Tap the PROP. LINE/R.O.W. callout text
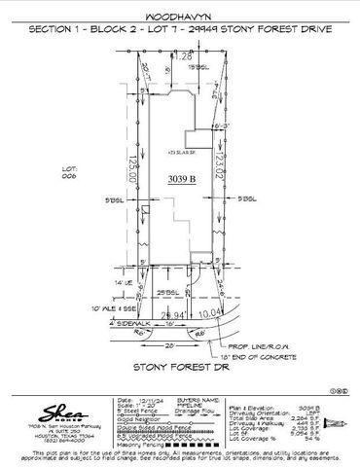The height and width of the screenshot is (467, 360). click(259, 343)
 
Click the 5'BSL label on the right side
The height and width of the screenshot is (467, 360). click(246, 198)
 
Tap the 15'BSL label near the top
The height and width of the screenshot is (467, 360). click(198, 66)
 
